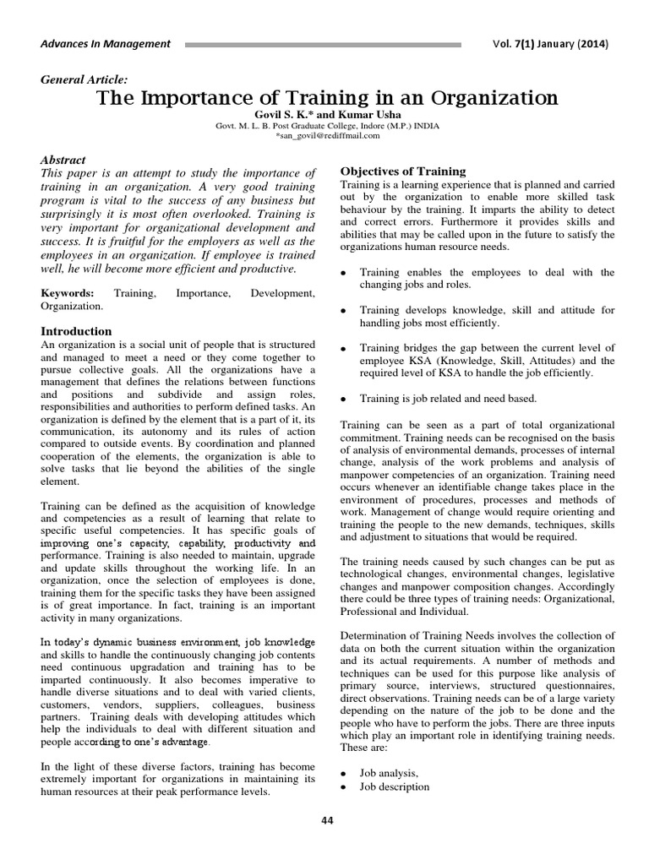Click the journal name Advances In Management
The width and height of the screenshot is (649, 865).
[106, 44]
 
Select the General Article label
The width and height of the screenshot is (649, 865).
[85, 79]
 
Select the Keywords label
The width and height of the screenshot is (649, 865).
[68, 292]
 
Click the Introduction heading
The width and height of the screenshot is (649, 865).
[76, 331]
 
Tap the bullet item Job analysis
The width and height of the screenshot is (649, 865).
[389, 772]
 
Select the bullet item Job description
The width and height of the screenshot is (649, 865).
[395, 786]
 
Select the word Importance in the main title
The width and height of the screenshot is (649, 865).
[177, 98]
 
